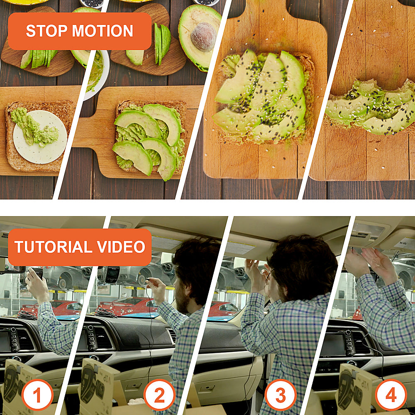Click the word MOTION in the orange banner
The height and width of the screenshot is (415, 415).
point(103,31)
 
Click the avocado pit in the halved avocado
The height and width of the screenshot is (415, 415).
point(203,37)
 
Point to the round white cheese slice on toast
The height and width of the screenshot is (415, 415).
point(40,137)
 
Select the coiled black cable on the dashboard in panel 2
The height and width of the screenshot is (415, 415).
point(105,312)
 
